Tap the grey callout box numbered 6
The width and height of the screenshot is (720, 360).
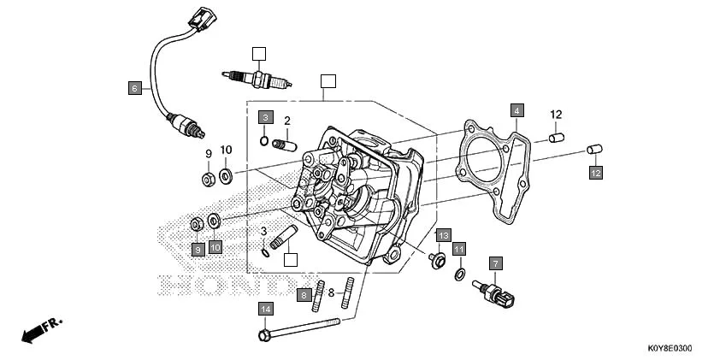pos(134,87)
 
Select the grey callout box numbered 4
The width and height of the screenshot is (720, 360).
pos(516,110)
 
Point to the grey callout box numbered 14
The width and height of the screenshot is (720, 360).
pos(266,309)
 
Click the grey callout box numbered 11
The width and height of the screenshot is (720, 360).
pos(459,249)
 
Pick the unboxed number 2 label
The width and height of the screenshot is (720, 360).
pos(287,121)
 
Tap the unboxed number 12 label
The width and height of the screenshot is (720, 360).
pos(556,115)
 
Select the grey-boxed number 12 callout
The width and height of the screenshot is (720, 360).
pos(594,173)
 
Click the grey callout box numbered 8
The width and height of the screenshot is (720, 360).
pos(304,295)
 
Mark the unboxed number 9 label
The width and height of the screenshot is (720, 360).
pos(207,153)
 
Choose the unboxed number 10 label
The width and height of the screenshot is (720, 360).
pos(226,150)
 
